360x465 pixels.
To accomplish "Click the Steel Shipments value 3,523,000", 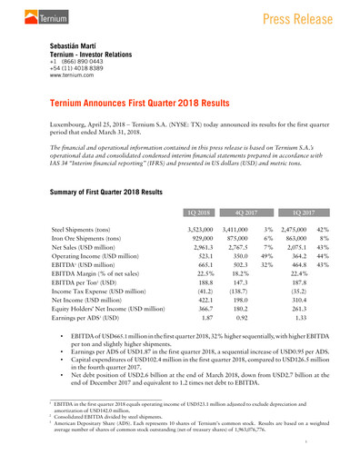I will (x=200, y=232).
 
